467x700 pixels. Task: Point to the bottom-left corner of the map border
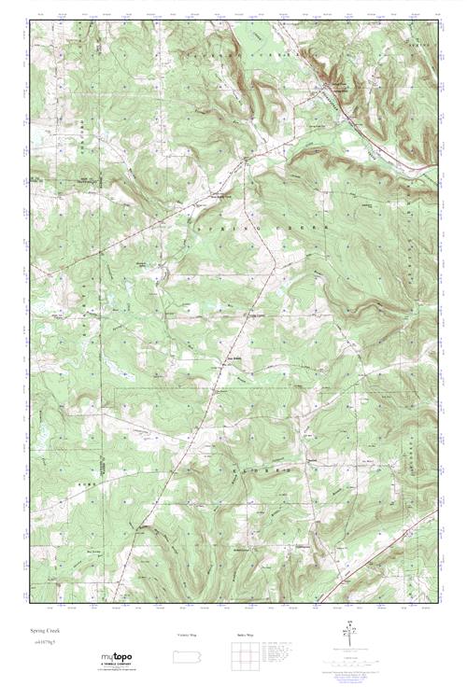(29, 603)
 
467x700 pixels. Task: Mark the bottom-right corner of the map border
(437, 603)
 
